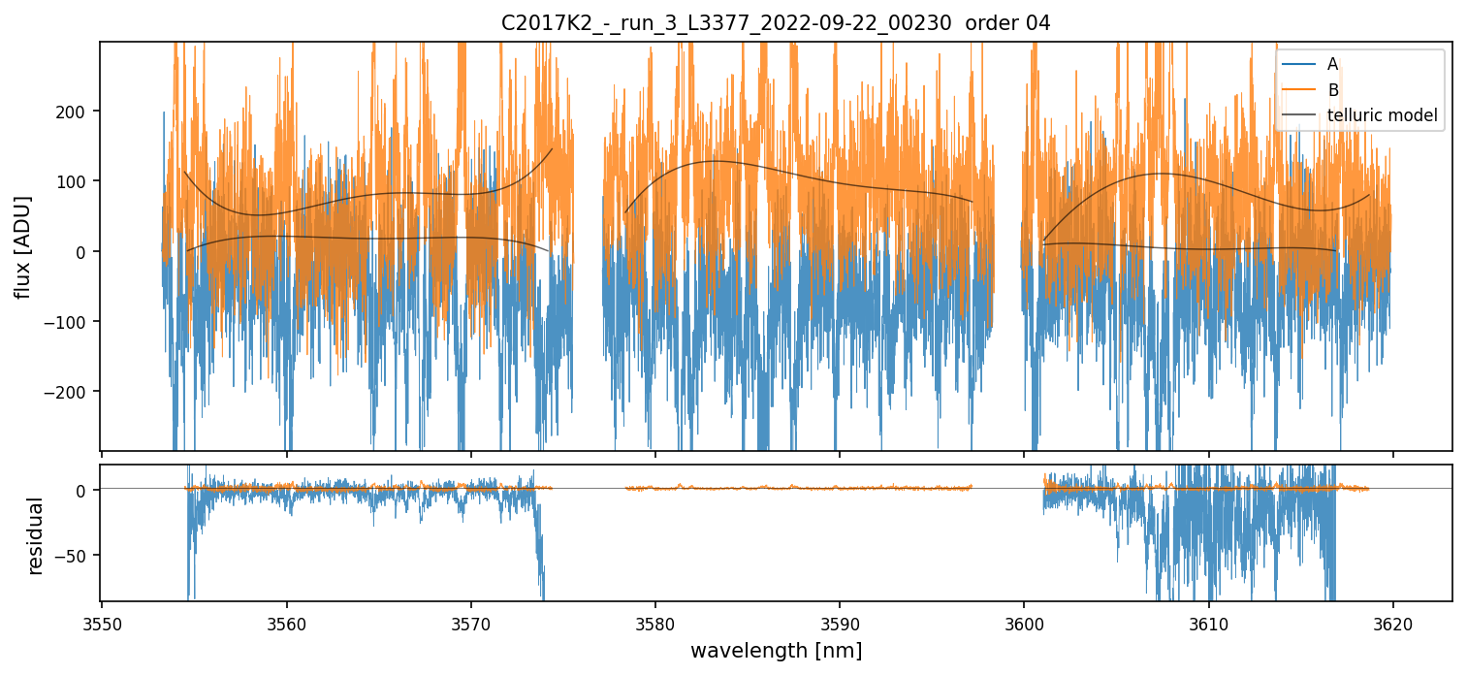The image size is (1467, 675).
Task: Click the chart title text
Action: point(776,23)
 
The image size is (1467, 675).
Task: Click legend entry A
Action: point(1332,64)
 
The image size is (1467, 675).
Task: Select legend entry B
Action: point(1332,90)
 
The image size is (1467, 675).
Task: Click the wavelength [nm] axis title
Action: point(776,650)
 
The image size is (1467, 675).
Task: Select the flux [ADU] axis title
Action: point(22,246)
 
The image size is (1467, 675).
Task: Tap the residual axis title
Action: point(36,535)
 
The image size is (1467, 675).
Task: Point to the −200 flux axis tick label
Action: point(71,392)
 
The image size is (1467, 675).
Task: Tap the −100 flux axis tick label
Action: point(71,322)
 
